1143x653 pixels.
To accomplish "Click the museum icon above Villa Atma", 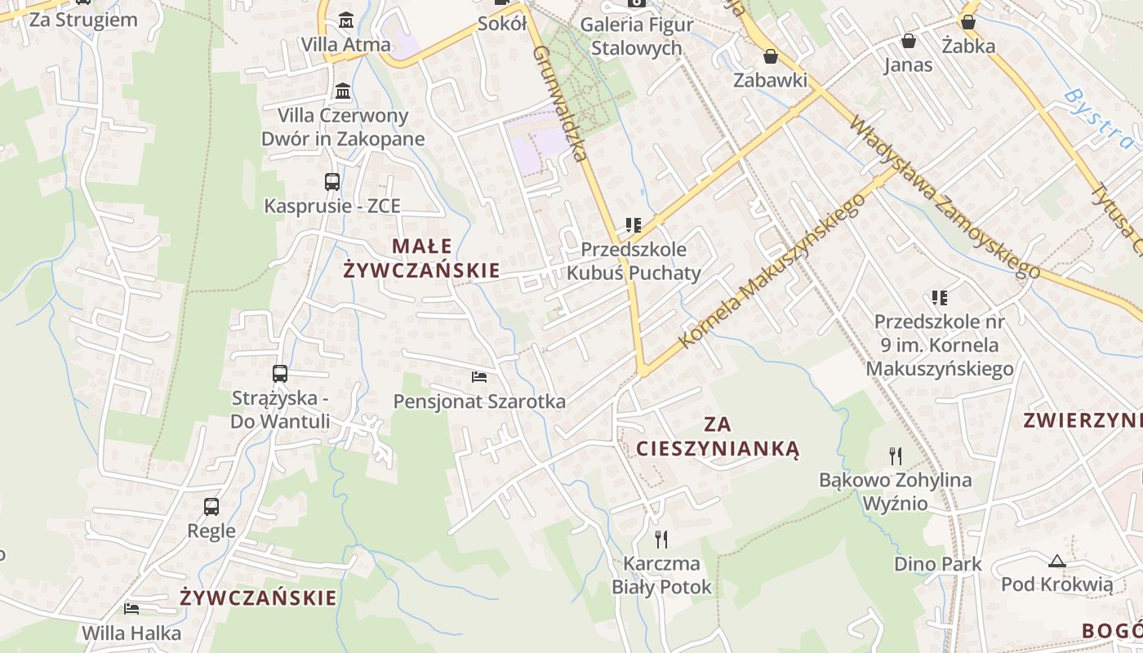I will pyautogui.click(x=346, y=19).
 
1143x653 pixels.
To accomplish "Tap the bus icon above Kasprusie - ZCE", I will pyautogui.click(x=331, y=181).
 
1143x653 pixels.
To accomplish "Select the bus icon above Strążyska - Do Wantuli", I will pyautogui.click(x=280, y=374).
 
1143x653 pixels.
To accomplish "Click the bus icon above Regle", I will pyautogui.click(x=211, y=506).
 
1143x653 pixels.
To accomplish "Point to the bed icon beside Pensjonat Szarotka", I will pyautogui.click(x=479, y=377).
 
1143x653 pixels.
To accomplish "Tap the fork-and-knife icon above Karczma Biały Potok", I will pyautogui.click(x=661, y=539).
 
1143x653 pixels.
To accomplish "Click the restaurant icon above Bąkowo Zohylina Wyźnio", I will pyautogui.click(x=896, y=455).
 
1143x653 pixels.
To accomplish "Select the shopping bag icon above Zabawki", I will pyautogui.click(x=770, y=56).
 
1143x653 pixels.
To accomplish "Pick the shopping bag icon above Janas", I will pyautogui.click(x=908, y=40).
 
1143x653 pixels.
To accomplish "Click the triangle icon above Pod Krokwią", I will pyautogui.click(x=1057, y=561).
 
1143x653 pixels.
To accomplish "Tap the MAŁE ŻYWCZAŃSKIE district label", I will pyautogui.click(x=421, y=258).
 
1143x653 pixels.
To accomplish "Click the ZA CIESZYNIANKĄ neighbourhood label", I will pyautogui.click(x=717, y=437).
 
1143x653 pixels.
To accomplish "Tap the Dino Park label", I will pyautogui.click(x=938, y=564).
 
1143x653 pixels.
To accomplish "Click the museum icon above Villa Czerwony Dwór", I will pyautogui.click(x=343, y=91).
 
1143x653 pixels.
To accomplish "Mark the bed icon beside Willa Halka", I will pyautogui.click(x=131, y=608).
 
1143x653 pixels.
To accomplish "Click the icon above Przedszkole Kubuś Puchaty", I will pyautogui.click(x=633, y=224).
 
